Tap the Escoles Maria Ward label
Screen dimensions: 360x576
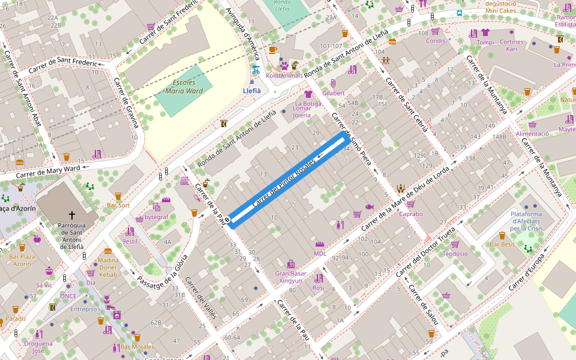[184, 87]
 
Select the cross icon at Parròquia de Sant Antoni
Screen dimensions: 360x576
[72, 215]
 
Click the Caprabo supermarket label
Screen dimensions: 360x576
[411, 214]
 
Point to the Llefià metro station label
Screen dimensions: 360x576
[251, 91]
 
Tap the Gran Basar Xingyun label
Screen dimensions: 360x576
[290, 277]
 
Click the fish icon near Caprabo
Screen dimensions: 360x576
[369, 206]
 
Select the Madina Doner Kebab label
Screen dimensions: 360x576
[108, 267]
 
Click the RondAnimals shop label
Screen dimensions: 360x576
[284, 76]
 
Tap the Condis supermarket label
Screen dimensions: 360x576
[436, 41]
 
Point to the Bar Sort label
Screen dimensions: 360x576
[118, 205]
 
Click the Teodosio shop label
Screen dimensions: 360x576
[455, 254]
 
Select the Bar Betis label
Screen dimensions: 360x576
[502, 244]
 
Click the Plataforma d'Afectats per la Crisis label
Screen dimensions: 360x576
[526, 221]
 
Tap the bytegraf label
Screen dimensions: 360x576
[157, 217]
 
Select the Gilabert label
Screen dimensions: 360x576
[334, 93]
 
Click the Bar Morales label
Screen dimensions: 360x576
[137, 347]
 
